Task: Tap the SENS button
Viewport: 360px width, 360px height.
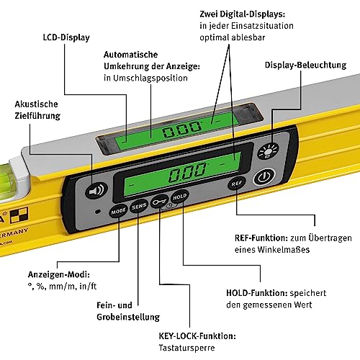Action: coord(139,207)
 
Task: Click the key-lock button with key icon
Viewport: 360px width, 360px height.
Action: coord(159,202)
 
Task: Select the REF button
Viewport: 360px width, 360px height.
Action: coord(237,184)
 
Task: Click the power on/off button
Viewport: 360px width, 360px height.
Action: coord(264,176)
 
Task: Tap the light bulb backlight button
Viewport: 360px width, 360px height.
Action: coord(268,151)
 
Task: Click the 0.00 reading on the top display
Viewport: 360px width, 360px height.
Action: coord(181,130)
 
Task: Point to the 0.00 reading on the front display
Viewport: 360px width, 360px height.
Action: coord(188,172)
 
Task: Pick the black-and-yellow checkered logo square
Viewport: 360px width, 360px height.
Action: coord(19,215)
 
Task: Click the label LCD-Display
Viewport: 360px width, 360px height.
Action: coord(66,37)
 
